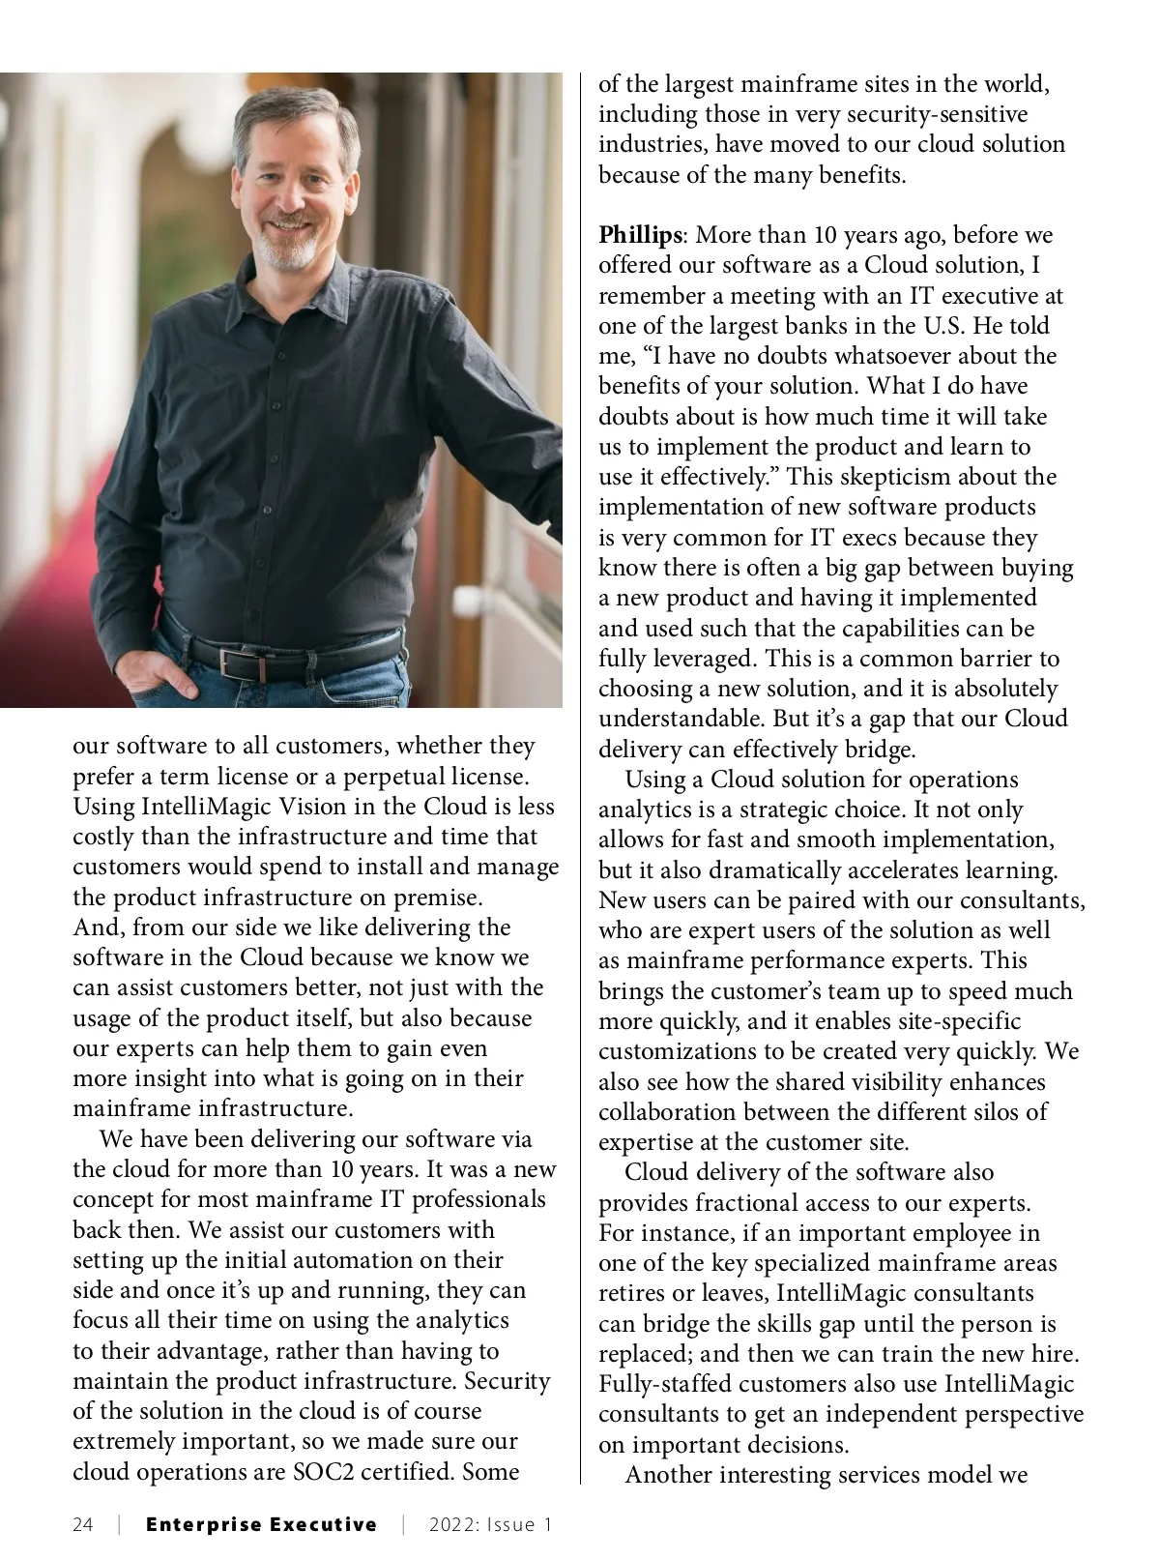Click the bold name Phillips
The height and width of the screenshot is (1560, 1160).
(x=640, y=235)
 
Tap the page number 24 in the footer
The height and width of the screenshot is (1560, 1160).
(x=83, y=1524)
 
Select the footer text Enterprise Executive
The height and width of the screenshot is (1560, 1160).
(x=261, y=1524)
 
